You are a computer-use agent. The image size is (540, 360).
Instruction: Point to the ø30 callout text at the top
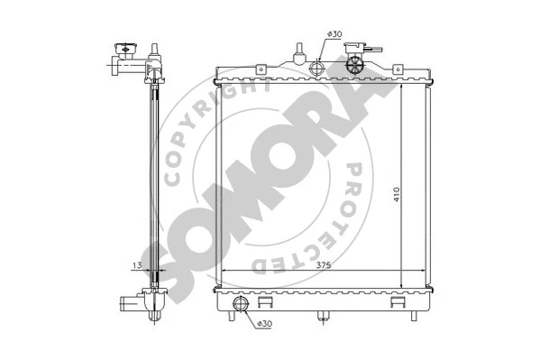point(334,34)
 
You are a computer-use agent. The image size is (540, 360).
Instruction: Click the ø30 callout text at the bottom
point(266,323)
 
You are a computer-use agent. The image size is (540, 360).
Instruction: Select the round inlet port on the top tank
point(317,69)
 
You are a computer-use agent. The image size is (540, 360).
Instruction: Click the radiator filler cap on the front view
point(355,63)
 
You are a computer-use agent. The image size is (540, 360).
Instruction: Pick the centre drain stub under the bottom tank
point(322,315)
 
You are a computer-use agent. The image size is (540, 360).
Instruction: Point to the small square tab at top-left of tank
point(261,68)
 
